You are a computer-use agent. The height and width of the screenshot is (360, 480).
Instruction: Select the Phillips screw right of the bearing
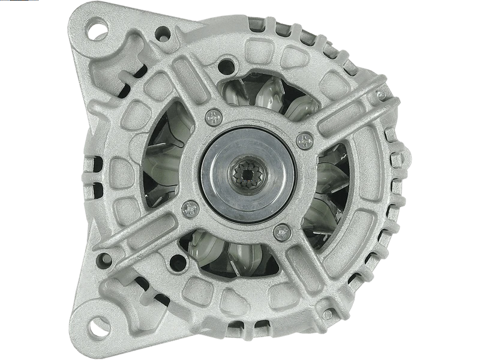pyautogui.click(x=305, y=139)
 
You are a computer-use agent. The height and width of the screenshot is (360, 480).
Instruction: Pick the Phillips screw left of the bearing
pyautogui.click(x=190, y=207)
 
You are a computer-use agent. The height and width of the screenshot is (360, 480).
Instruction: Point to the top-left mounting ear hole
pyautogui.click(x=96, y=26)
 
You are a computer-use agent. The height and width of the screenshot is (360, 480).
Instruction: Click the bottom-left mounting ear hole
pyautogui.click(x=94, y=328)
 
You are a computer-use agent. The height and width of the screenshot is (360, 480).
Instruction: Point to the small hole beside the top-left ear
pyautogui.click(x=161, y=32)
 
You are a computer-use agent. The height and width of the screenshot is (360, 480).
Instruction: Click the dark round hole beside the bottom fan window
pyautogui.click(x=178, y=262)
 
